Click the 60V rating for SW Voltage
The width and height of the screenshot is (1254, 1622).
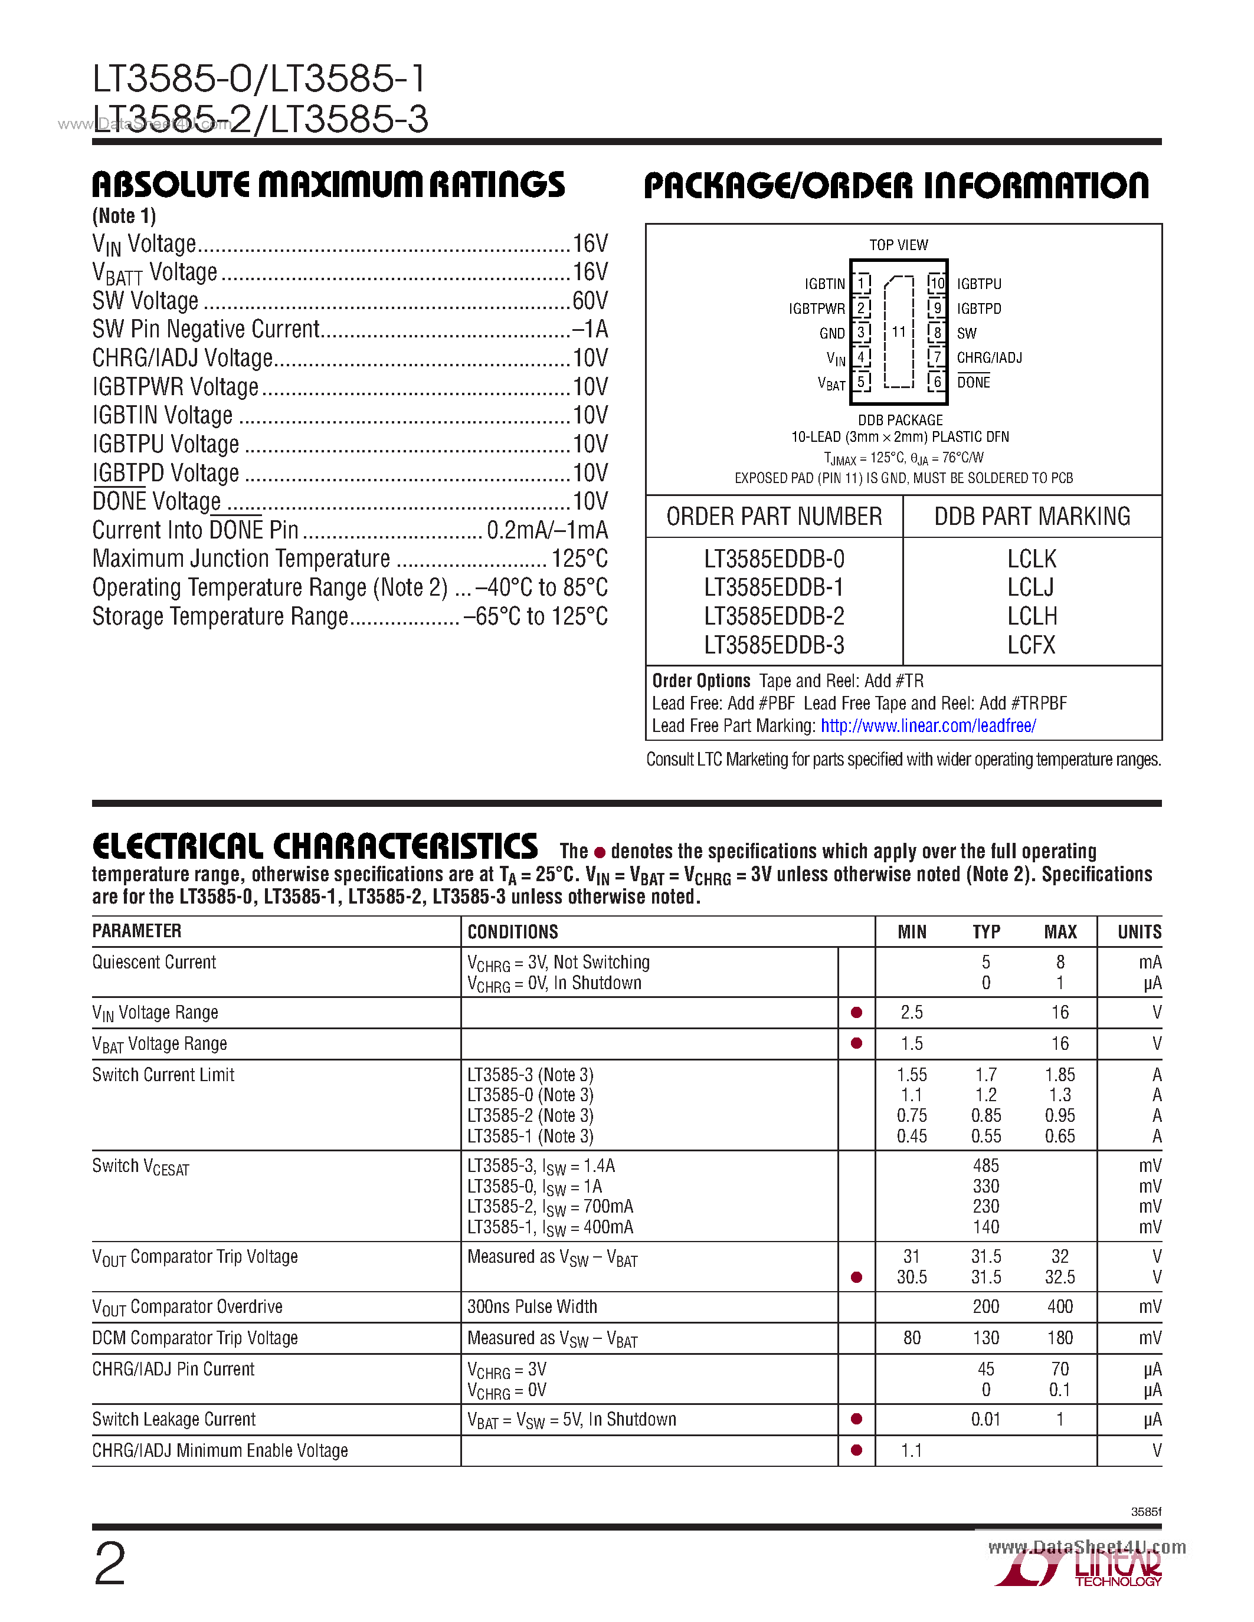point(590,301)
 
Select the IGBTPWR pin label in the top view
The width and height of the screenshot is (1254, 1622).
point(817,309)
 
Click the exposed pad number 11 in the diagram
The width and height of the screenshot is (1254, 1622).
point(899,332)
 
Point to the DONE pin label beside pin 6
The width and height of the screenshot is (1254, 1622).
point(973,382)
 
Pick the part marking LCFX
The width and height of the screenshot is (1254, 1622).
point(1031,645)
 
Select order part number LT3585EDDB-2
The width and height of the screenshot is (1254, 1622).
point(774,616)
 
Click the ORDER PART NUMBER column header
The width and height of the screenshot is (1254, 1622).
point(774,516)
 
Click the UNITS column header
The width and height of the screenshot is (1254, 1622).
point(1139,932)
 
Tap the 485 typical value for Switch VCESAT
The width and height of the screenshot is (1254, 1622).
point(986,1166)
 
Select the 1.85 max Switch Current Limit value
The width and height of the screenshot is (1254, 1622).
point(1059,1075)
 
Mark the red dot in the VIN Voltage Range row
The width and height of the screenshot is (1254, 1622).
point(856,1012)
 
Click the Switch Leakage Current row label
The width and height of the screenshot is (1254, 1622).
point(174,1419)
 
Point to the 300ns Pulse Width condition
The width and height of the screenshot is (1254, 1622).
point(532,1306)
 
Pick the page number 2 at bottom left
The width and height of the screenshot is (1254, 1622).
point(110,1564)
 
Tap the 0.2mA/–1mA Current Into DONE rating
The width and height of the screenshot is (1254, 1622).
point(547,530)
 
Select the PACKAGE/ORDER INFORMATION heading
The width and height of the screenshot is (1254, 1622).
point(896,186)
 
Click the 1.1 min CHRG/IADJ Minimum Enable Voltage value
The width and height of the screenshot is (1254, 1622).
point(912,1450)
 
